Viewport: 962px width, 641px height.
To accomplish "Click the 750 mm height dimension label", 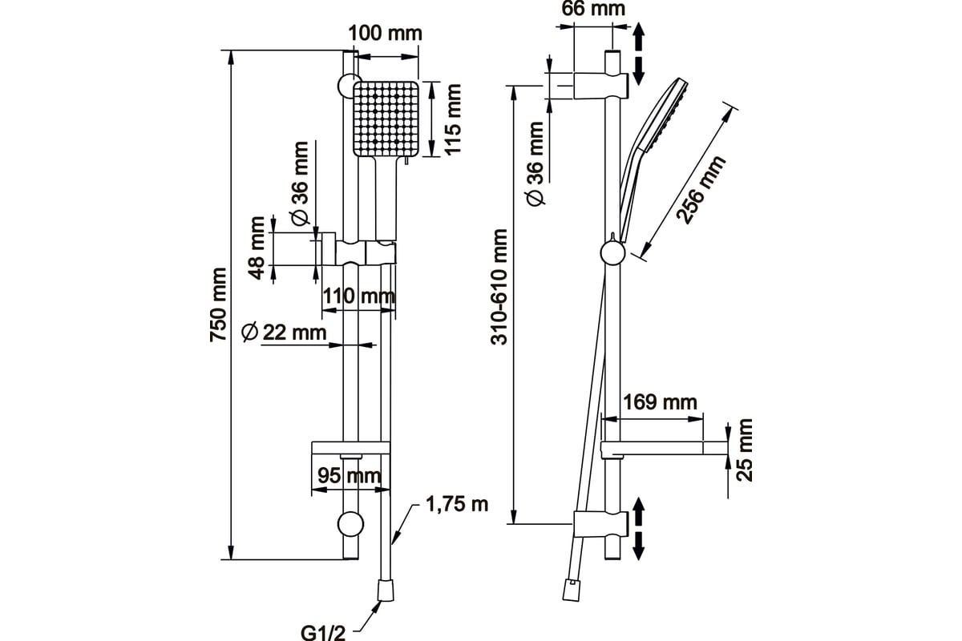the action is tap(218, 304).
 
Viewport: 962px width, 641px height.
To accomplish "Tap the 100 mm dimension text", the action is tap(386, 34).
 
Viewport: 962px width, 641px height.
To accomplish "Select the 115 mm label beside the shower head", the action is tap(452, 119).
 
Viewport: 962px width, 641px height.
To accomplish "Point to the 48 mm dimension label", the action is tap(257, 248).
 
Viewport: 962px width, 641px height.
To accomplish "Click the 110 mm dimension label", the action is tap(358, 296).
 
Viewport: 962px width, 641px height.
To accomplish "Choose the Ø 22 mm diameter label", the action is tap(284, 333).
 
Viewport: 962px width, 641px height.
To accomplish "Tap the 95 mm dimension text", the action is tap(350, 476).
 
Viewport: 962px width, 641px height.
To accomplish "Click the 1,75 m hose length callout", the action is tap(457, 505).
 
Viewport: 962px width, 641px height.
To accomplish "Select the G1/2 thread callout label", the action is tap(322, 633).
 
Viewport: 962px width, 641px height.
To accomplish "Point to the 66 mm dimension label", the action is tap(593, 9).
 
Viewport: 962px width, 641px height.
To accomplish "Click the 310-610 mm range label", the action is tap(499, 287).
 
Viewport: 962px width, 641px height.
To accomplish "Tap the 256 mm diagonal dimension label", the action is tap(701, 189).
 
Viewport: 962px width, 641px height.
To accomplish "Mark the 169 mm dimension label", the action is tap(660, 402).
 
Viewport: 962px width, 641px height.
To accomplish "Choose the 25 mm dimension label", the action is tap(744, 450).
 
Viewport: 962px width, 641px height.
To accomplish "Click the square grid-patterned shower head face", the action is tap(386, 119).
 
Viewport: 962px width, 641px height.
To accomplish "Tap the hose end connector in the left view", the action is tap(386, 591).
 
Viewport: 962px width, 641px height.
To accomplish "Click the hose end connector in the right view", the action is tap(572, 590).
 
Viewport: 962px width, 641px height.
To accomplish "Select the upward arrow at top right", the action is tap(639, 37).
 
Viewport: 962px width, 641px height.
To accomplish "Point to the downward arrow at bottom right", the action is tap(639, 546).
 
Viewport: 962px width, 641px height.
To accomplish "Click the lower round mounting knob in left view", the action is tap(350, 524).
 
